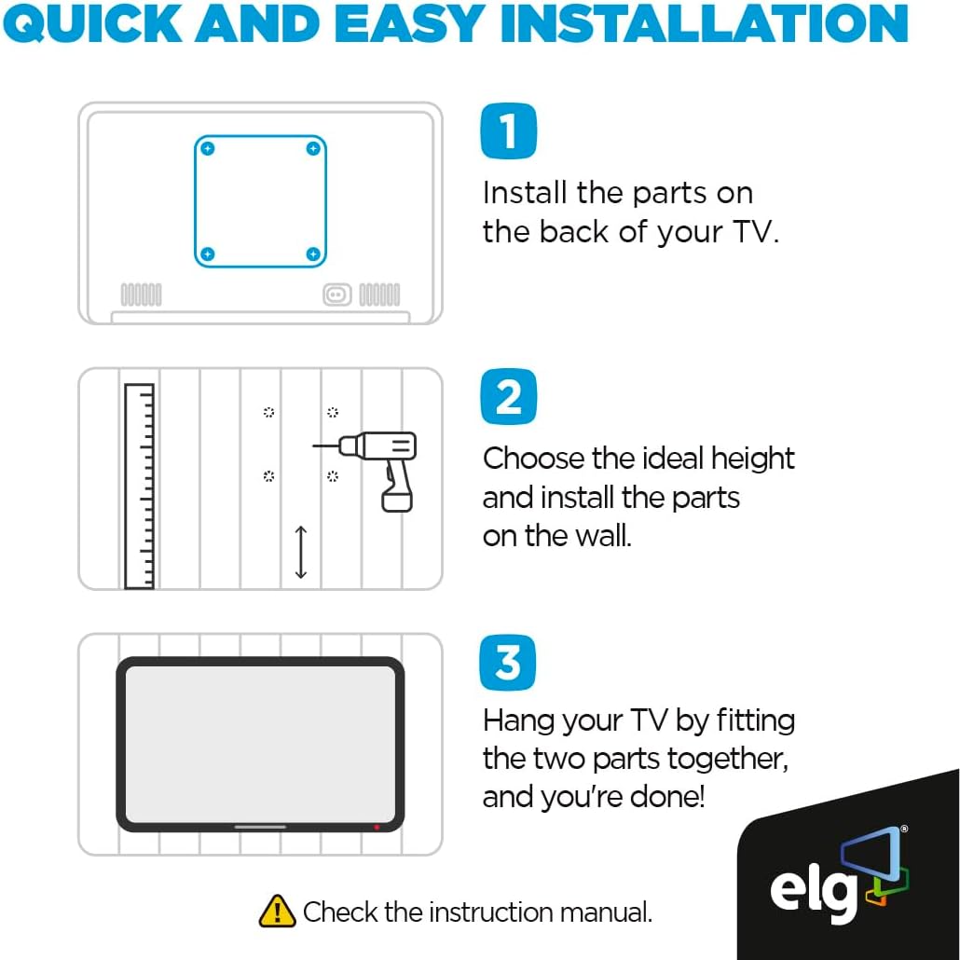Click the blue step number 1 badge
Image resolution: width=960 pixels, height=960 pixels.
pos(508,131)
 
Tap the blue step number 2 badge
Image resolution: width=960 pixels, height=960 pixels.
pos(508,397)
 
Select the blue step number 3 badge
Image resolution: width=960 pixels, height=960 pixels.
pos(508,663)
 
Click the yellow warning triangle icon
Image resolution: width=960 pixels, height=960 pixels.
pos(278,911)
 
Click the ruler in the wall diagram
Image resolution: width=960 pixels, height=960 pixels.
pos(139,487)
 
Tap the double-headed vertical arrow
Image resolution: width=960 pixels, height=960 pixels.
pos(301,553)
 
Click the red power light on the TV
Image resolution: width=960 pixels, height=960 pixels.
pos(377,827)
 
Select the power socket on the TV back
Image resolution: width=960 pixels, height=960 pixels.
pos(337,295)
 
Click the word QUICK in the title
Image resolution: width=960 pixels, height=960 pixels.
pos(93,23)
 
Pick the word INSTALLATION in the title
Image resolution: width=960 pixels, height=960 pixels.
pos(704,23)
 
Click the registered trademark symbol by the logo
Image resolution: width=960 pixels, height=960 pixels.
pos(904,829)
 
